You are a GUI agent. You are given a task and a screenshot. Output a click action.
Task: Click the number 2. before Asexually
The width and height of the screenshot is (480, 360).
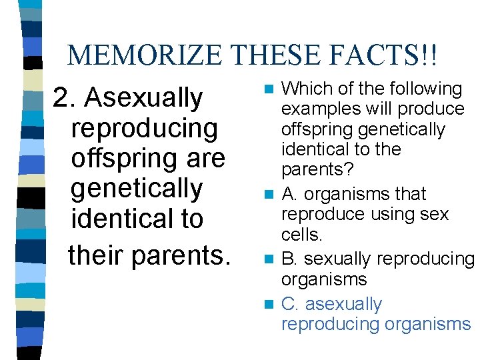pos(65,98)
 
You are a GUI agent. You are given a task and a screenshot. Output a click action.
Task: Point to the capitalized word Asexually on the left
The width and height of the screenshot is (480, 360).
pos(145,98)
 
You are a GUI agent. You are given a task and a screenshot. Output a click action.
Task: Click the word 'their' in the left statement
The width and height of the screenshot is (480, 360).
pos(97,254)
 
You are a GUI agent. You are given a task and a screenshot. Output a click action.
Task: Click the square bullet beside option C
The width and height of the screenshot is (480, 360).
pos(269,305)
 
